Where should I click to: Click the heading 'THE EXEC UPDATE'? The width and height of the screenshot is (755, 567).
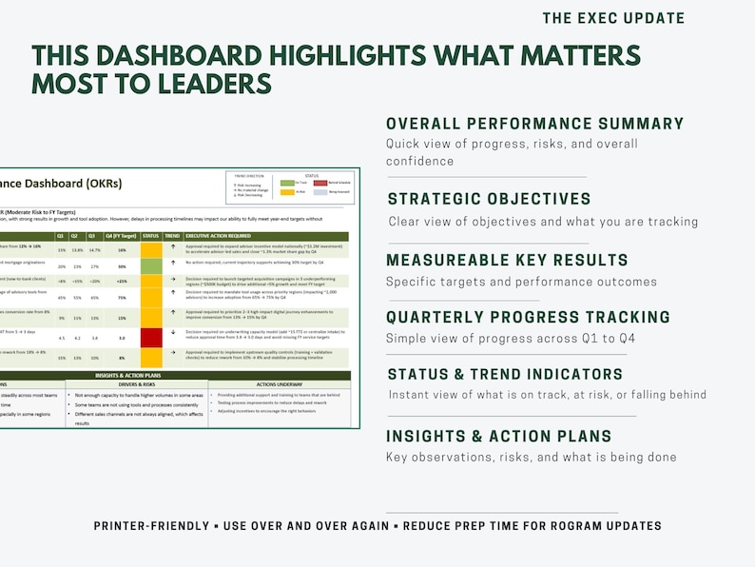pyautogui.click(x=613, y=18)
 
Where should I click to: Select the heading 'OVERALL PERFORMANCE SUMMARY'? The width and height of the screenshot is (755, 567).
pyautogui.click(x=534, y=124)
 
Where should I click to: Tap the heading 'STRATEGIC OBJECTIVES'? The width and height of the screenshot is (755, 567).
pyautogui.click(x=489, y=199)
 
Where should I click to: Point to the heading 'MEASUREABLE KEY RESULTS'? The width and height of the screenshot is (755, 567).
pyautogui.click(x=507, y=260)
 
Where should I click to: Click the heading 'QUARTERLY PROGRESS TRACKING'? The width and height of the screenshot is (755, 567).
pyautogui.click(x=528, y=317)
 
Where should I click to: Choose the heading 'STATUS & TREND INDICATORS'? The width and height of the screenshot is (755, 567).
pyautogui.click(x=504, y=374)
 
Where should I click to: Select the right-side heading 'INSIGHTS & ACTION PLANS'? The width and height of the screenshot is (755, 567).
pyautogui.click(x=498, y=437)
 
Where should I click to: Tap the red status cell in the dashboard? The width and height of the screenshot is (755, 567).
pyautogui.click(x=152, y=337)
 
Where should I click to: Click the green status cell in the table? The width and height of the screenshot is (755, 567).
pyautogui.click(x=152, y=267)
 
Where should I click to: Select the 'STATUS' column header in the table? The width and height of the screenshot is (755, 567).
pyautogui.click(x=151, y=235)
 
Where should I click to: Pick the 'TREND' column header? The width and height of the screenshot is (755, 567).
pyautogui.click(x=172, y=235)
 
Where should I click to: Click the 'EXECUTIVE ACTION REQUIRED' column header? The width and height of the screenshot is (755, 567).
pyautogui.click(x=218, y=235)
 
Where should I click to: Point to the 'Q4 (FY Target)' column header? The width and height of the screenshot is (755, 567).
pyautogui.click(x=122, y=235)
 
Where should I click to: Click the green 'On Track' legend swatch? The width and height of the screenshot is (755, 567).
pyautogui.click(x=287, y=181)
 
